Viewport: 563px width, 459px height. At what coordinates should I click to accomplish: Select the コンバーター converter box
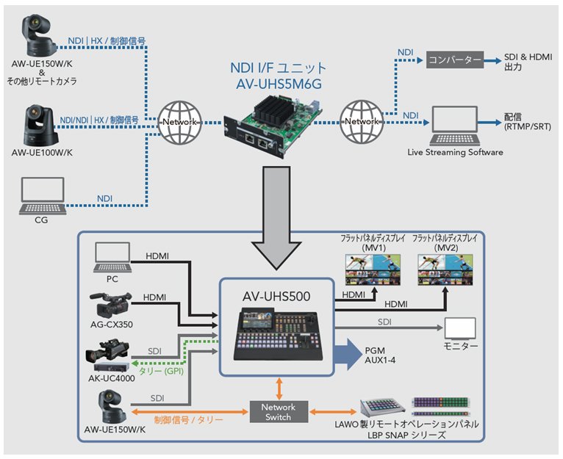click(x=454, y=59)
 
